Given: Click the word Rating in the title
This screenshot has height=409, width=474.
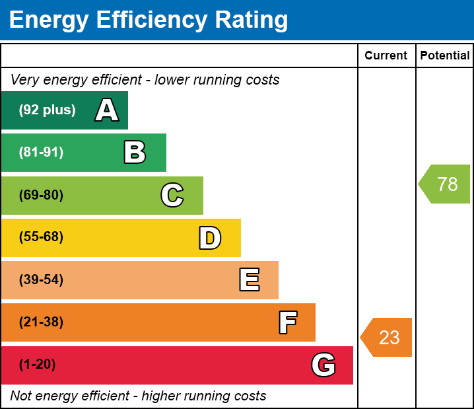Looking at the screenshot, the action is coord(252,20).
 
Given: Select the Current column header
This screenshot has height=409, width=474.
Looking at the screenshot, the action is coord(386,56).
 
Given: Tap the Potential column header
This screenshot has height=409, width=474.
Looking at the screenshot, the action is coord(445,56).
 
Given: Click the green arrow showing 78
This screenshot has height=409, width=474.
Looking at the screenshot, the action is coord(444,184).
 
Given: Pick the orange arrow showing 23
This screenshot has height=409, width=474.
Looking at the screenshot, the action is coord(386,337).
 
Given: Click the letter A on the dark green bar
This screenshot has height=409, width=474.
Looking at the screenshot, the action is coord(107,110).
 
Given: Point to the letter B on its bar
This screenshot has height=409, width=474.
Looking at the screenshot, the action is coord(135,152).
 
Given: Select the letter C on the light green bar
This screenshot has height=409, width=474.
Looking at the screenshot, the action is coord(172,195).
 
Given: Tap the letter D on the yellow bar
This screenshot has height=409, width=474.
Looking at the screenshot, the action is coord(210,238).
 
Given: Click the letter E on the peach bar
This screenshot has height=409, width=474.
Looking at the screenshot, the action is coord(250,280).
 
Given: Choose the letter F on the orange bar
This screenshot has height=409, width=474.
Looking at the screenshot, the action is coord(288,322).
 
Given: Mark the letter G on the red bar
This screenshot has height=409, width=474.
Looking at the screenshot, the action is coord(323,365).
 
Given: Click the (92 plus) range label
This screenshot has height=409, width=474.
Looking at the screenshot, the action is coord(47,110).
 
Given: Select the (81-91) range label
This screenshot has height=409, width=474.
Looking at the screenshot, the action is coord(41,152).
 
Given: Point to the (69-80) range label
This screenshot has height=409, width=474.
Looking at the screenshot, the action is coord(41,195).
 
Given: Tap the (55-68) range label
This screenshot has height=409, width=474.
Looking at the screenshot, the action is coord(41,237).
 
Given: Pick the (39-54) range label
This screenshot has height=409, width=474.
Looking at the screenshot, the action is coord(41,280).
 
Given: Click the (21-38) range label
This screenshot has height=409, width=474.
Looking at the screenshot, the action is coord(41,322).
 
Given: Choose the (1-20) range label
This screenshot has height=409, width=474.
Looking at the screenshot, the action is coord(37,365).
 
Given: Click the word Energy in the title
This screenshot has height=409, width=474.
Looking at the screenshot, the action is coord(49,20).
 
